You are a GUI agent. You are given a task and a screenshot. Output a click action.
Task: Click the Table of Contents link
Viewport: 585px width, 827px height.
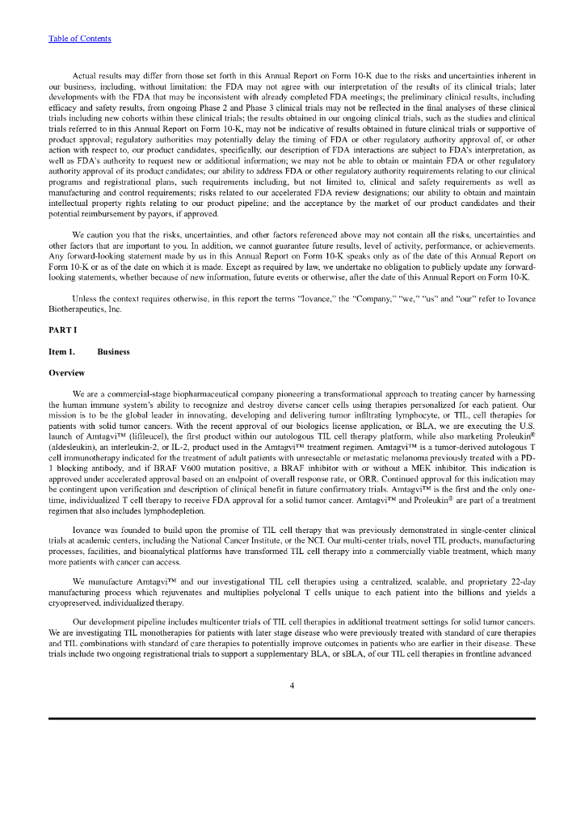[80, 39]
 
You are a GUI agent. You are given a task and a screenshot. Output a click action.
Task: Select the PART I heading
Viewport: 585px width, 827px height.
[63, 331]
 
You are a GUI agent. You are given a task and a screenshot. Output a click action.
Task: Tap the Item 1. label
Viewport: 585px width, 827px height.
[62, 352]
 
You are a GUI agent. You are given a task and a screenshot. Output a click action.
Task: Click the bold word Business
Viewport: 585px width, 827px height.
[113, 352]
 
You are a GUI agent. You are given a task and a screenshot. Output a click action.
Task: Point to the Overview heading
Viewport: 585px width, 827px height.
[67, 373]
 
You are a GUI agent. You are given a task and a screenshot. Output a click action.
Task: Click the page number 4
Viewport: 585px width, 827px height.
[292, 687]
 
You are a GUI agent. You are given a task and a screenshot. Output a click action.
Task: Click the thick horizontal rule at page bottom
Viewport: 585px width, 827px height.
[292, 718]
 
